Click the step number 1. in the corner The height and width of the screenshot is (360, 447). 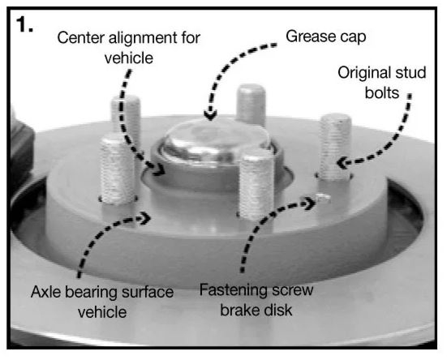25,24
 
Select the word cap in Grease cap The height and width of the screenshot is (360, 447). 349,38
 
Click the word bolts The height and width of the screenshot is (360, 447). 382,93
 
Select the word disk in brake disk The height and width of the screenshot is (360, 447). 279,310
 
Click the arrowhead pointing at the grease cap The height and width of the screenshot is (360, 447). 210,115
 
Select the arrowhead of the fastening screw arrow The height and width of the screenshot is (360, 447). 310,204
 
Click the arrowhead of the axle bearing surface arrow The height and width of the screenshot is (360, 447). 146,218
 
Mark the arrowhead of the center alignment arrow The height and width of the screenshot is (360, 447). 159,169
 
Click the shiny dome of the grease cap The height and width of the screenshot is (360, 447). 217,137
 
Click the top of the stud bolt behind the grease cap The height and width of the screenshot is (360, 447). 251,89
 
